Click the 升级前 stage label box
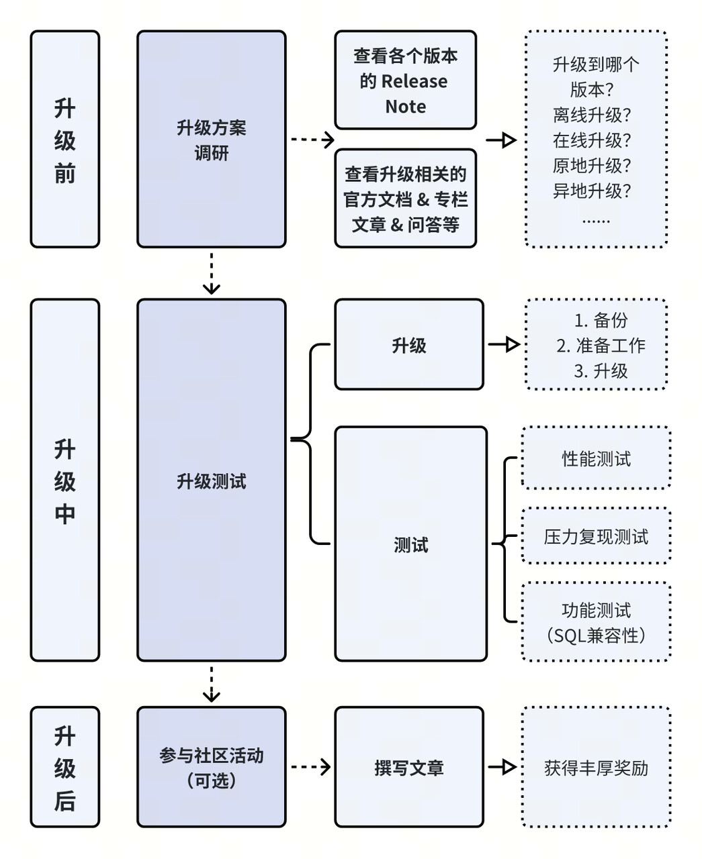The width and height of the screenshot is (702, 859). (65, 140)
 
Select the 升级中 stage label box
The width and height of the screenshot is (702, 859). (65, 480)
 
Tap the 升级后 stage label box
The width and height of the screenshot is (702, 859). (65, 767)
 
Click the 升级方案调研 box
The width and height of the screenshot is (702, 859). (212, 140)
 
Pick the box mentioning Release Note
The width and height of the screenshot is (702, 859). (406, 80)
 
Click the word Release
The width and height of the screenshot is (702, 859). (414, 81)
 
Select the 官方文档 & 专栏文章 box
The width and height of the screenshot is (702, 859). (406, 199)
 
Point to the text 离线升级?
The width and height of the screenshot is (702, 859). (592, 115)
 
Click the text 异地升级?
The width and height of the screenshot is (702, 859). (592, 191)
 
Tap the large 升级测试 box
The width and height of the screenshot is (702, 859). (212, 480)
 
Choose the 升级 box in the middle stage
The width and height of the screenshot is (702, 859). (409, 345)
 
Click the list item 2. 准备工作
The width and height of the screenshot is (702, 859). (601, 346)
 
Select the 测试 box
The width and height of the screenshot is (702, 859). (410, 544)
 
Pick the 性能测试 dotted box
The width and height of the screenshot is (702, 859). (597, 458)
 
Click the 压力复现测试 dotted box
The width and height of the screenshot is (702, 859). (597, 536)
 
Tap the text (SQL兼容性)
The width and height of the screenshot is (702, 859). (597, 635)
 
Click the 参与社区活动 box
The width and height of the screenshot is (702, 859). (212, 767)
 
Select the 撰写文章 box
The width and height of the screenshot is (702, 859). (409, 767)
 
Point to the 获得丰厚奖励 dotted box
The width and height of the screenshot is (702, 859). (597, 767)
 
